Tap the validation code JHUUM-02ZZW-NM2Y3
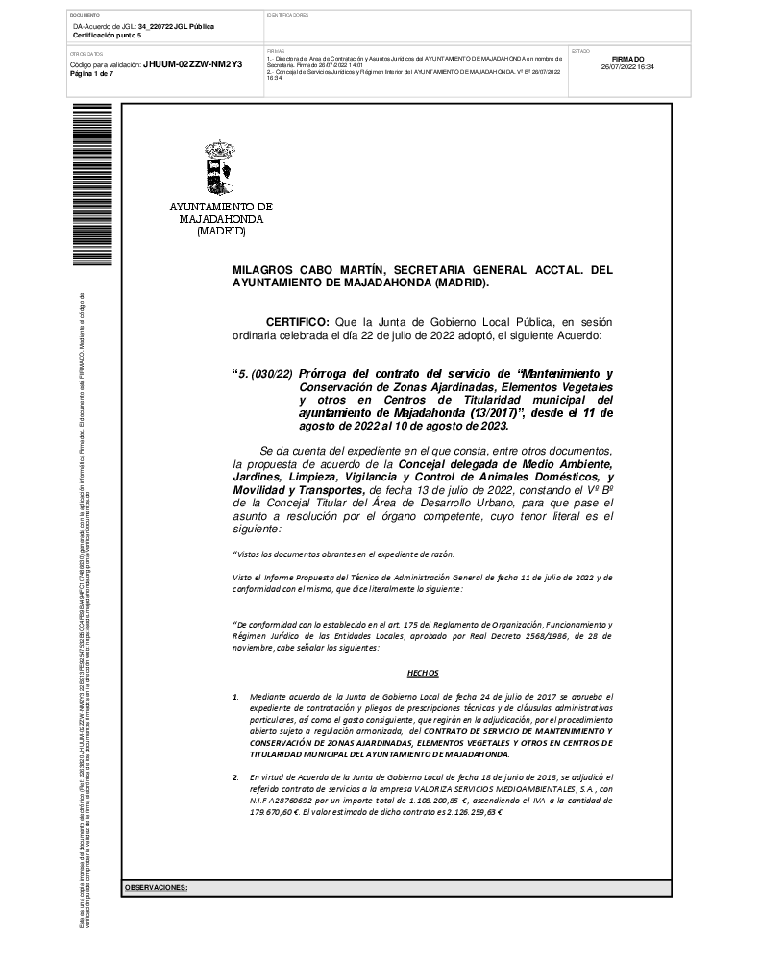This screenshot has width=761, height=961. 192,64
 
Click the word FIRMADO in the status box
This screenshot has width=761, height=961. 627,59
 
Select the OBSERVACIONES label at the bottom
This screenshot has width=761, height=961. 156,888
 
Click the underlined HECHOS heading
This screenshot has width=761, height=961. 423,674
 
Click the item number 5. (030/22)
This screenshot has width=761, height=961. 266,373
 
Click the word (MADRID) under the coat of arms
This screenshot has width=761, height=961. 221,232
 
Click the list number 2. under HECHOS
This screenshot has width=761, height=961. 236,776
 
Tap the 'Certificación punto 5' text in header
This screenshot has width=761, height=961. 107,35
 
